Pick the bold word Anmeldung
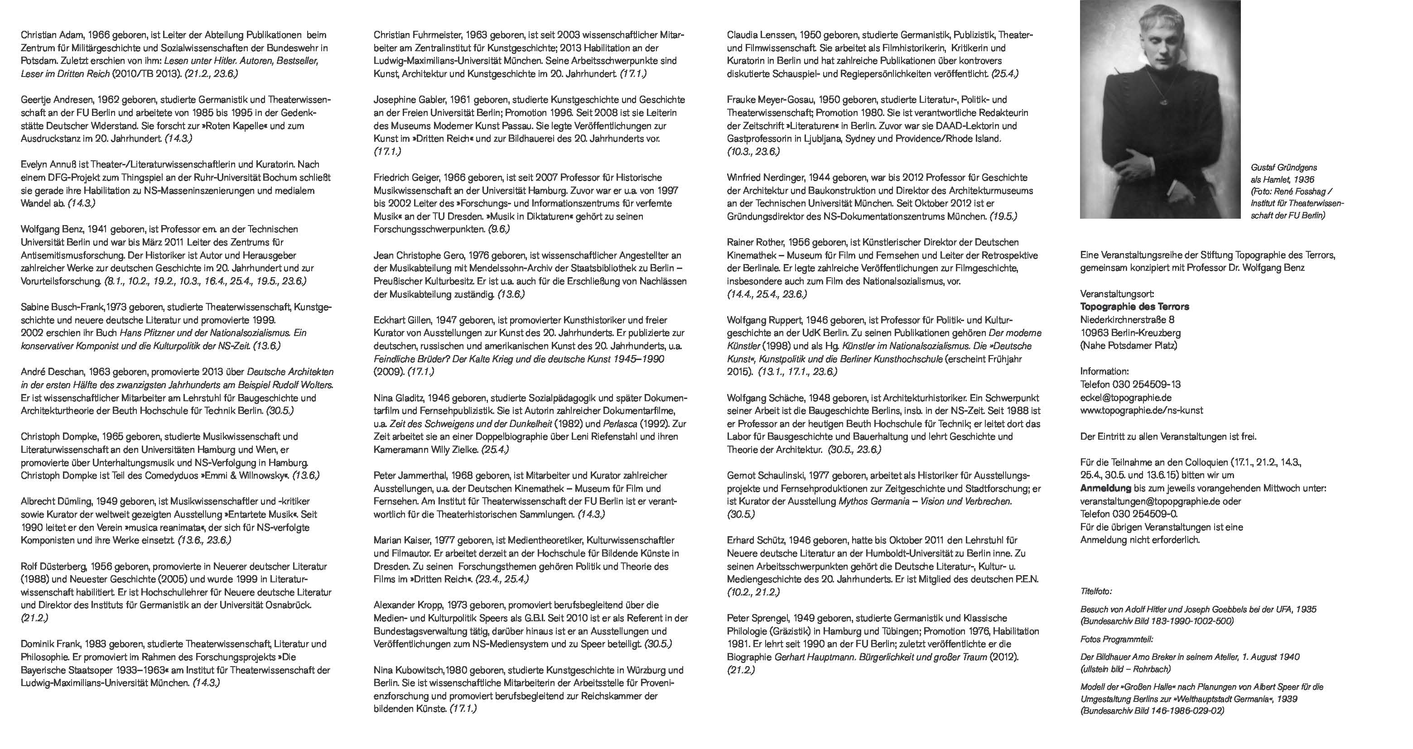(1105, 489)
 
